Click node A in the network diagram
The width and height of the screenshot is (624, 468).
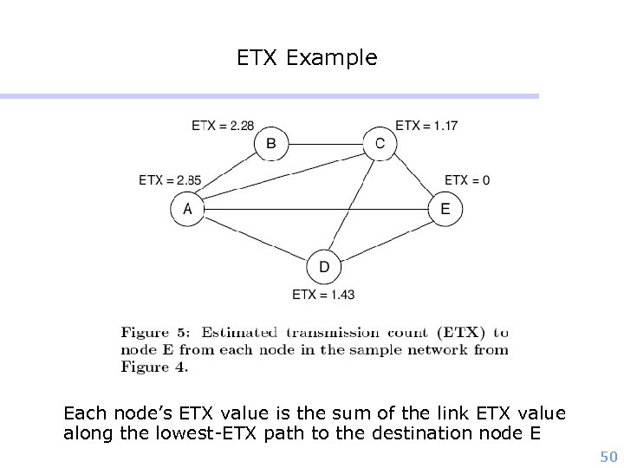[187, 209]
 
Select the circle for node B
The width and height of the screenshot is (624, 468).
[271, 144]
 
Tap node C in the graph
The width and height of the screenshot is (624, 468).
[380, 144]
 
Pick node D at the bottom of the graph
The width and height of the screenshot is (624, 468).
[323, 267]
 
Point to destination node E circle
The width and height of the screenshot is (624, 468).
[445, 209]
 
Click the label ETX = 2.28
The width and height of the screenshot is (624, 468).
[223, 126]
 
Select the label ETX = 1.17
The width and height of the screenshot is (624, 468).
[426, 126]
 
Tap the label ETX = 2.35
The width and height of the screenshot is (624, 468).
[170, 180]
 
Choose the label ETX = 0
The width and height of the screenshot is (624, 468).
[467, 180]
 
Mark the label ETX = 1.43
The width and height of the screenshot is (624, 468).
[323, 295]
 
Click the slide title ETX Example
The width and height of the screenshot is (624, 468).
[307, 58]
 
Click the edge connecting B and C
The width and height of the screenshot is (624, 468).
[325, 144]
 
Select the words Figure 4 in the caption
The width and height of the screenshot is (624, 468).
[154, 367]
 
